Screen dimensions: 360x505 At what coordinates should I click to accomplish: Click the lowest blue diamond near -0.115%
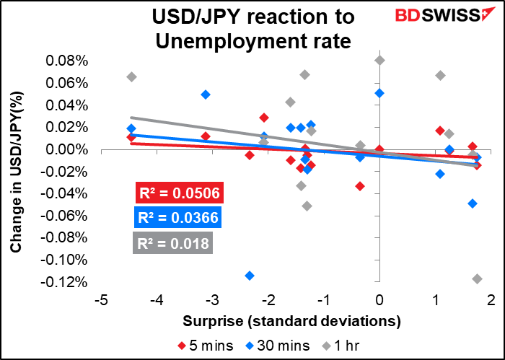click(250, 276)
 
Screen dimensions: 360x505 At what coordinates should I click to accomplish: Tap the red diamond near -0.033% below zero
click(360, 186)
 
